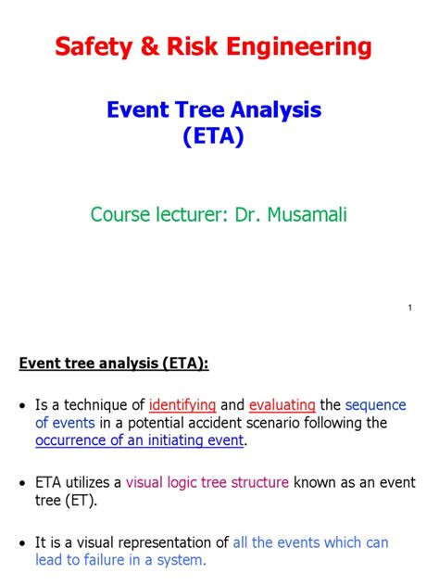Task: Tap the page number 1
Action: (409, 308)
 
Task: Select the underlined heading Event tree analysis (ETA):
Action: (114, 363)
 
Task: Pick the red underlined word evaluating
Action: (282, 405)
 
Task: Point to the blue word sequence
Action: (376, 405)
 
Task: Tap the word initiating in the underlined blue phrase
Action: (179, 440)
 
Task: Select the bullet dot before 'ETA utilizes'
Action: (22, 483)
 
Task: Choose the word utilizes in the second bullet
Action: (92, 483)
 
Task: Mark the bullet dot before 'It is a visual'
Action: (22, 542)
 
